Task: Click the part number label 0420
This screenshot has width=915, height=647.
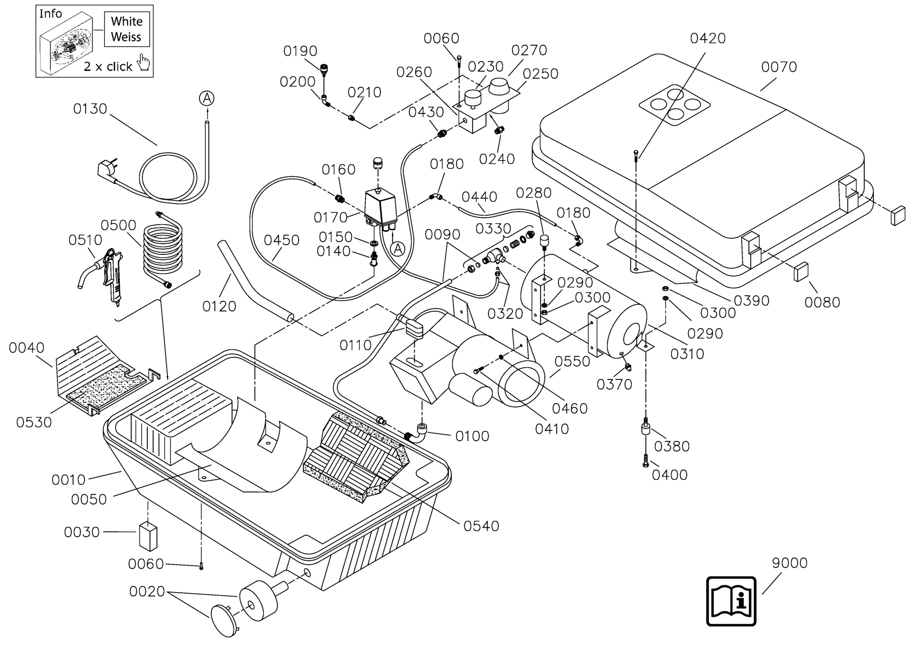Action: click(707, 38)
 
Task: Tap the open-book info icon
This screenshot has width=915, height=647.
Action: click(731, 601)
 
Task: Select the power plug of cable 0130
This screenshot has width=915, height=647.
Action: click(106, 170)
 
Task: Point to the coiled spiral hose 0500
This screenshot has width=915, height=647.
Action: click(163, 249)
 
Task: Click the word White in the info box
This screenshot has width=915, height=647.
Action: click(127, 21)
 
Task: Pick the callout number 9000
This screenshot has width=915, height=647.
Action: click(790, 563)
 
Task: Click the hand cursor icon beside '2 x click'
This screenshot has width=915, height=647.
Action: click(144, 63)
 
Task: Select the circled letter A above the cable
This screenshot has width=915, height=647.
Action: click(207, 98)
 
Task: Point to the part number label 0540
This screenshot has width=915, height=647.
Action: click(481, 526)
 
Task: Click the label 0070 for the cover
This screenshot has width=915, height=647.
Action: click(779, 67)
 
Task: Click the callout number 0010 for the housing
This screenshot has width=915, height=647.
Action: click(68, 480)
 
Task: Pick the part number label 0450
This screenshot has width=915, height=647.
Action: click(281, 240)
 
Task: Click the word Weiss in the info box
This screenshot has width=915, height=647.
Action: click(126, 37)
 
